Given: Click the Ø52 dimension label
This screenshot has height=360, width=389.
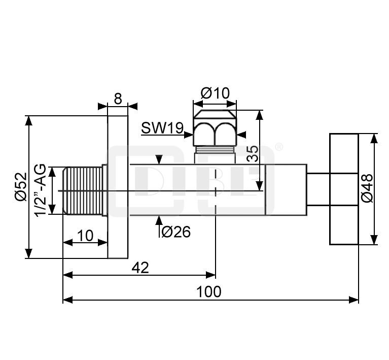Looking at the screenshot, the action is click(21, 186).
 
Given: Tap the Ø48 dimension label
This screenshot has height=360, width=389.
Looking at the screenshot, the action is click(367, 188).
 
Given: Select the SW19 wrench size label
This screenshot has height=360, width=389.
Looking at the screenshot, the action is click(162, 128).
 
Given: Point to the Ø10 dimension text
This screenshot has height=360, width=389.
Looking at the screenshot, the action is click(216, 93).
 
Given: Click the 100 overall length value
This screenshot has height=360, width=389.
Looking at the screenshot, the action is click(208, 291).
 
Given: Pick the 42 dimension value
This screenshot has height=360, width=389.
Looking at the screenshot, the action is click(140, 268).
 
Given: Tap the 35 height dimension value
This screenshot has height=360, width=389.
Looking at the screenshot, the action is click(253, 153).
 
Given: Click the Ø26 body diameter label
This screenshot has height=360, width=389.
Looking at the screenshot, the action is click(176, 232).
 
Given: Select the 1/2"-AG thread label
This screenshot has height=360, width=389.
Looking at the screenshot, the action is click(40, 190).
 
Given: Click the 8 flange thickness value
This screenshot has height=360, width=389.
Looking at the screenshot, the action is click(118, 99).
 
